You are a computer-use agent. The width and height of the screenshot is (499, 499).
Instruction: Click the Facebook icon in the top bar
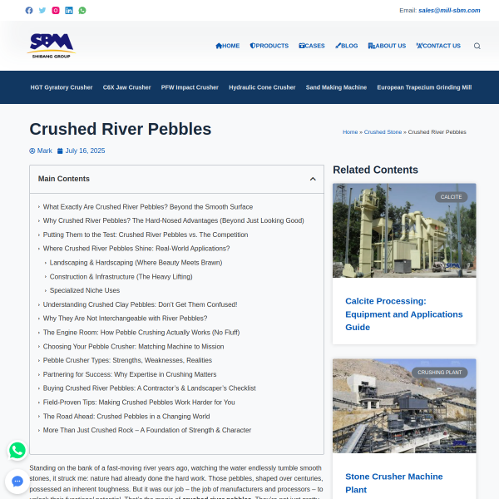pos(29,11)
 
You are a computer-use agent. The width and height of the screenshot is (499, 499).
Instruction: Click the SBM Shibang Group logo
pos(51,45)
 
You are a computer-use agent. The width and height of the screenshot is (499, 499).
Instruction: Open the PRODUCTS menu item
pos(269,46)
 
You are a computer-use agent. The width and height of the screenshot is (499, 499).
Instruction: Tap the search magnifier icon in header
pos(477,46)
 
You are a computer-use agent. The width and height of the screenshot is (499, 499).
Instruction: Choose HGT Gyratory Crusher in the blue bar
pos(62,87)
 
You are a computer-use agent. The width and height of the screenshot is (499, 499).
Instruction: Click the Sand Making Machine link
pos(336,87)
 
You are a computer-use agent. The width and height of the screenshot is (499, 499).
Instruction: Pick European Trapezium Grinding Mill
pos(424,87)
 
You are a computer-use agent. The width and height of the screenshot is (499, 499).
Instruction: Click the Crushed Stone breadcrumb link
pos(383,132)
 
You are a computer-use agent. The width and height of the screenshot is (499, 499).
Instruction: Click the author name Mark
pos(44,151)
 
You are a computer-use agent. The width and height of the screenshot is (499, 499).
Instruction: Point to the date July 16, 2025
pos(85,151)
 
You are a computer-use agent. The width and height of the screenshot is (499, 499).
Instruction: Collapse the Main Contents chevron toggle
pos(313,179)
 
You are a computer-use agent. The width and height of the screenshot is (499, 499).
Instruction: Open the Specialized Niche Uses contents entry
pos(85,290)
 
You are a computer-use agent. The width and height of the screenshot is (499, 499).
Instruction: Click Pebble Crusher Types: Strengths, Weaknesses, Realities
pos(127,360)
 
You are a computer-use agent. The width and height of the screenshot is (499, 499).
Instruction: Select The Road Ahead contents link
pos(126,416)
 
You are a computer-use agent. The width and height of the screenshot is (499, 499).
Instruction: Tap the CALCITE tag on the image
pos(452,197)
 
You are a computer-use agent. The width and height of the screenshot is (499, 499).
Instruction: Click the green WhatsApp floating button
pos(17,450)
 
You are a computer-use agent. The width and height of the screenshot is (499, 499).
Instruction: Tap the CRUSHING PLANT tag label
pos(441,373)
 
